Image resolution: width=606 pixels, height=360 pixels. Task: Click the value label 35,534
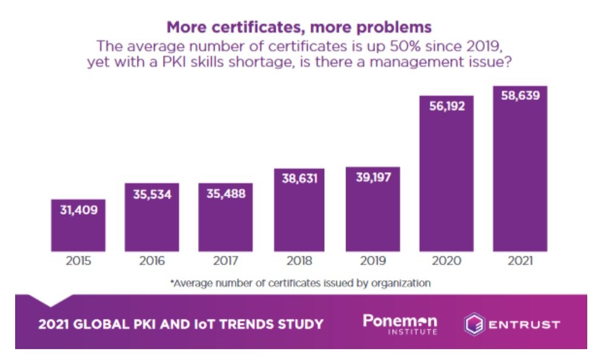click(151, 195)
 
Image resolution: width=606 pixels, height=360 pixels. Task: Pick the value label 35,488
click(225, 195)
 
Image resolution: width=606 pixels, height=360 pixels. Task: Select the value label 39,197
click(373, 178)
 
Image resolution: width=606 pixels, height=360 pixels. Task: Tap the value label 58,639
click(519, 96)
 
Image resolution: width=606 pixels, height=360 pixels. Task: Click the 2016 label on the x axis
click(151, 261)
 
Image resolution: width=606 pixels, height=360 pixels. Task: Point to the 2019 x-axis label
click(373, 261)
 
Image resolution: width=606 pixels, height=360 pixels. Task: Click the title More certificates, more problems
click(299, 28)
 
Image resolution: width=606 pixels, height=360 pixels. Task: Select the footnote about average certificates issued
click(301, 283)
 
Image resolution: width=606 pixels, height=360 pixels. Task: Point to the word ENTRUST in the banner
click(524, 325)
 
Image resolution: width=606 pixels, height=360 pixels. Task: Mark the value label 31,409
click(78, 210)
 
